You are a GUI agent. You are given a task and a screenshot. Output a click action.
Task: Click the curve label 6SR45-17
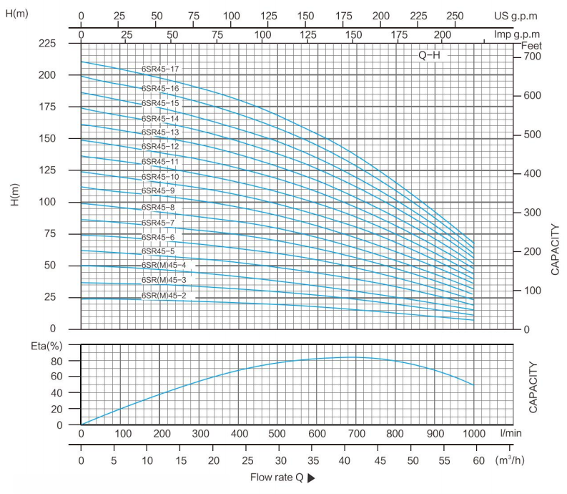pos(160,69)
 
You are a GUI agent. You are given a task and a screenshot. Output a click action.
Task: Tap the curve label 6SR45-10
pos(160,176)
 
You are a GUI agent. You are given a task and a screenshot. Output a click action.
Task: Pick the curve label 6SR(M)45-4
pos(164,266)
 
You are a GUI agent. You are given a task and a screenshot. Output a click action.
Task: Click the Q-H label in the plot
pos(429,55)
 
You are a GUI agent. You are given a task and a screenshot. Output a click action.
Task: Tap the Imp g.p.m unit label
pos(516,34)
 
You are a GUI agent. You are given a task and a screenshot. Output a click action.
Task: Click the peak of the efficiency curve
pos(352,357)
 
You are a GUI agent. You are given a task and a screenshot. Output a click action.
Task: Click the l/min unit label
pos(511,434)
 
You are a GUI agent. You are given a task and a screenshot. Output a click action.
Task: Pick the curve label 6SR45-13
pos(160,132)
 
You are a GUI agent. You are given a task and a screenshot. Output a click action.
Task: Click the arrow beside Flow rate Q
pos(310,478)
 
